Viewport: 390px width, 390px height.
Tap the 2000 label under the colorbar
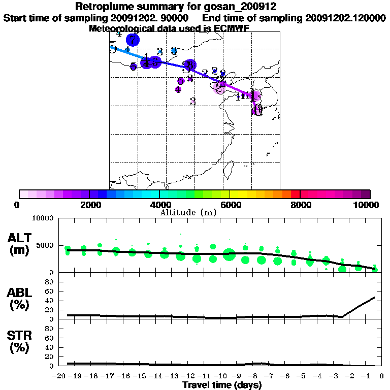89,205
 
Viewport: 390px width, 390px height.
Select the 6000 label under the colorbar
230,205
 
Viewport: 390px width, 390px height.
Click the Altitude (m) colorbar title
188,212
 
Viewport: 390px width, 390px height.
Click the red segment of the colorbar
295,194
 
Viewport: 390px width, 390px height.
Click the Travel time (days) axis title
222,385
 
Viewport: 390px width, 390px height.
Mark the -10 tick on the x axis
221,376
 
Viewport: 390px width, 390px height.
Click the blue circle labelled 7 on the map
133,40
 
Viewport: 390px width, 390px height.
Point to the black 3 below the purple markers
193,102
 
